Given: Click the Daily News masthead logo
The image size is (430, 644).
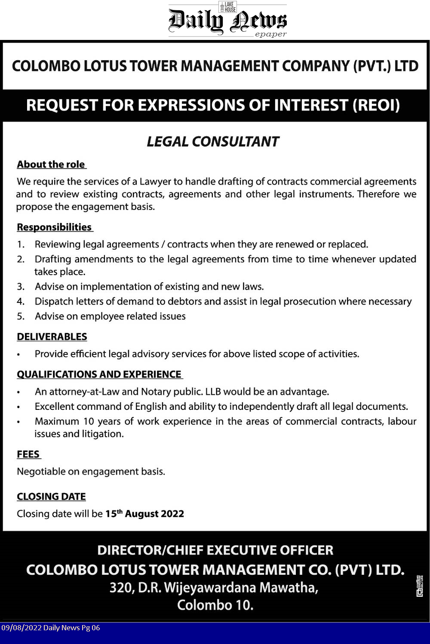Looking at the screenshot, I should point(227,20).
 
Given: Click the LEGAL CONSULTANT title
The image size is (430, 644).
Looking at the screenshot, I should point(213,142).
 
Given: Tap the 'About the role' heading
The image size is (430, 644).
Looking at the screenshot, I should point(51,165).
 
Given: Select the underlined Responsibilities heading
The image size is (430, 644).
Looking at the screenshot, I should point(54,227).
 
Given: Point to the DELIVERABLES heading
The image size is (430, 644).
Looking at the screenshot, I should point(52,337).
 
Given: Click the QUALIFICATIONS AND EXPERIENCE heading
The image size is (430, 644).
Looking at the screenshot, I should point(99,374).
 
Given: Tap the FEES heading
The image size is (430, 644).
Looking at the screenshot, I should point(28,455).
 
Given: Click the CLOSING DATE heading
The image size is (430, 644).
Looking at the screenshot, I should point(51,497).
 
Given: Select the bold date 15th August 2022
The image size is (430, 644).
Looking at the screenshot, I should point(144,514).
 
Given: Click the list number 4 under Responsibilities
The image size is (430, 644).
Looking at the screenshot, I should point(20,302).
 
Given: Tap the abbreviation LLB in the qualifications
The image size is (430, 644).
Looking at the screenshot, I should point(213,392).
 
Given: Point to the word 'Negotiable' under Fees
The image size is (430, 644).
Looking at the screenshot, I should point(41,472).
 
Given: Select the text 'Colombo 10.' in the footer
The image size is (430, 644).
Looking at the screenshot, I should point(215,605).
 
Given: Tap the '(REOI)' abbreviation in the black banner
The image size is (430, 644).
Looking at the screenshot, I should point(376,105).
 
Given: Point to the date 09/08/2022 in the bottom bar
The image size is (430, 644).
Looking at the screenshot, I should point(21,628).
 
